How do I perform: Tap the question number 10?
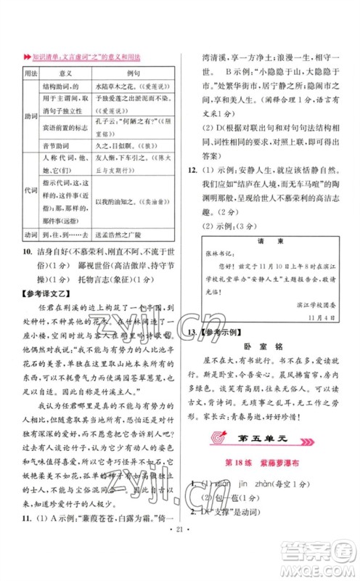26,269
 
